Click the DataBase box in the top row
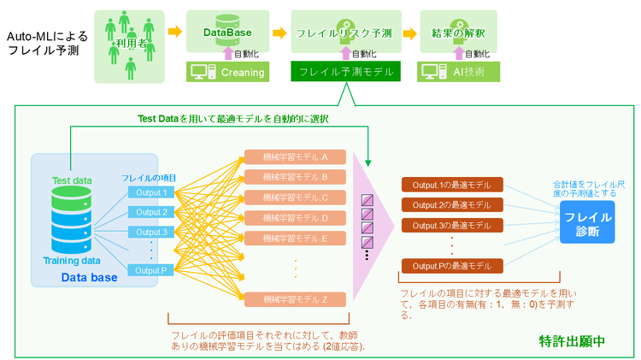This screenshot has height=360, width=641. point(227,32)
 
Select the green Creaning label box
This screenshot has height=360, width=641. point(227,72)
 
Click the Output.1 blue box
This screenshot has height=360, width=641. point(151,192)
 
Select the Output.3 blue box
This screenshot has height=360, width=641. point(151,232)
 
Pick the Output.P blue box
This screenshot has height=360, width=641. point(151,269)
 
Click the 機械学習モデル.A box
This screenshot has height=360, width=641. point(296,157)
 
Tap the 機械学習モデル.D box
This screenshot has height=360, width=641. point(296,217)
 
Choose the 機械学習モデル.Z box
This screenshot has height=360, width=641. point(296,298)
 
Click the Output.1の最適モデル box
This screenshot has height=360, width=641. point(451,186)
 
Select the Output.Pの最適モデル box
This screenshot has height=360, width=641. point(451,265)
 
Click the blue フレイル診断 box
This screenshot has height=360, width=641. point(587,224)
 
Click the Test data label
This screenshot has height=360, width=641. point(72,180)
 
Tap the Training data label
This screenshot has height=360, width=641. point(73,260)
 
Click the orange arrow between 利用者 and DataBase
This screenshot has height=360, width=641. point(174,32)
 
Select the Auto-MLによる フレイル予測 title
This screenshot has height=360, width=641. point(43,44)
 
